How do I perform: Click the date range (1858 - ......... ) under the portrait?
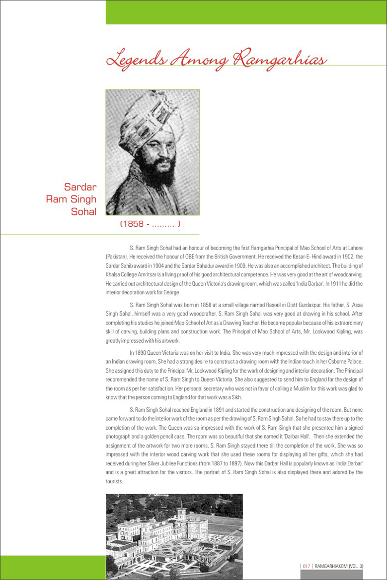(x=151, y=224)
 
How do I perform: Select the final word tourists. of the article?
(x=114, y=481)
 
